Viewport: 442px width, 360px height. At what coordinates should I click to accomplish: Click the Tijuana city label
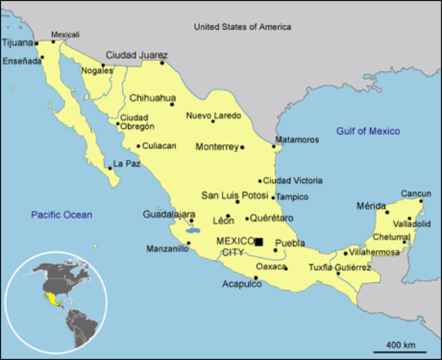coord(18,43)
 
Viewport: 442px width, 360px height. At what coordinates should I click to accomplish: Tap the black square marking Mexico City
coord(258,241)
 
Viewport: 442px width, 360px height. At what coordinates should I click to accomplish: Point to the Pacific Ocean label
coord(61,215)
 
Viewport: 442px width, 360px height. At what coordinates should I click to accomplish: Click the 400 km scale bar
coord(399,351)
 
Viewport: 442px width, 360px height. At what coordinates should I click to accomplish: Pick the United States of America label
coord(243,27)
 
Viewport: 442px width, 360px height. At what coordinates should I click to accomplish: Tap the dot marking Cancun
coord(421,201)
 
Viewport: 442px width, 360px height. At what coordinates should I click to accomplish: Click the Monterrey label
coord(217,147)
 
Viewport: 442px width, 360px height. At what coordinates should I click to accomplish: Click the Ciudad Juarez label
coord(136,55)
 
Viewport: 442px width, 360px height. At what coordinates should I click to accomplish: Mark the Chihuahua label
coord(152,97)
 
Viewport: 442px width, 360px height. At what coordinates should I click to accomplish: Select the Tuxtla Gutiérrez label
coord(340,268)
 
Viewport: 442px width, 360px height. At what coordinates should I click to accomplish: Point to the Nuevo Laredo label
coord(214,115)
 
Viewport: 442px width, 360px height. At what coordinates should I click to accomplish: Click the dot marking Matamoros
coord(273,147)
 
